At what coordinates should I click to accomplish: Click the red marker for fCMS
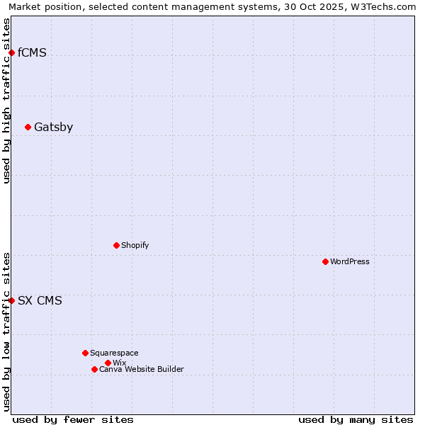[11, 52]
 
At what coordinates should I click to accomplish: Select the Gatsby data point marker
[28, 127]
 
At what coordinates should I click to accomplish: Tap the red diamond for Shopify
[116, 245]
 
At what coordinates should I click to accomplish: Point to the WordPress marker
[325, 261]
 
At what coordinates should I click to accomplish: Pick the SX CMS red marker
[11, 300]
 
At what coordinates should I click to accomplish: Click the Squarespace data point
[85, 353]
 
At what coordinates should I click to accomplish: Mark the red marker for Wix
[108, 363]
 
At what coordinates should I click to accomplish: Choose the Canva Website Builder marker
[94, 369]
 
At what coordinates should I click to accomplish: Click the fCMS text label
[32, 52]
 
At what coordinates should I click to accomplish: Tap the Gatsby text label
[53, 127]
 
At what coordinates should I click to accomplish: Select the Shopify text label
[135, 245]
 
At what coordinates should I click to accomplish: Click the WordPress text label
[350, 261]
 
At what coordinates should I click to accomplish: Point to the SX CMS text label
[40, 300]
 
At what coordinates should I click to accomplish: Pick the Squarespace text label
[114, 353]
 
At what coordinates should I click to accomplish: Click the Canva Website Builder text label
[142, 369]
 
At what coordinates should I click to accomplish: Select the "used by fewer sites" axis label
[73, 419]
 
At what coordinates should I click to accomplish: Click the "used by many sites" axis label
[356, 419]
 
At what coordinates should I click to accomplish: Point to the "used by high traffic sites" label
[7, 101]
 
